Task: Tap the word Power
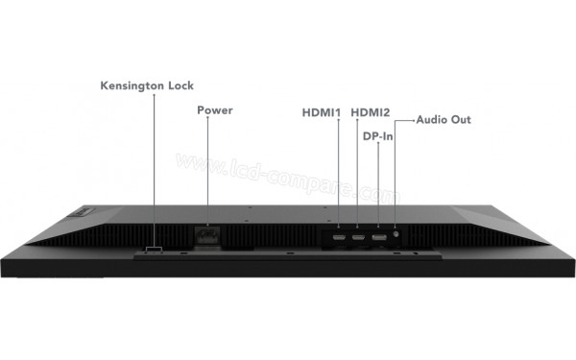point(215,110)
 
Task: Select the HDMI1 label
point(322,112)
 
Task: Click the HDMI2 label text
point(371,112)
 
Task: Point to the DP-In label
point(377,136)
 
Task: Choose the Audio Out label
point(444,120)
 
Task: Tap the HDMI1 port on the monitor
point(340,235)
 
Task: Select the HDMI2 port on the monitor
point(358,235)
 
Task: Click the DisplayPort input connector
point(378,235)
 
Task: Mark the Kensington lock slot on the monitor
point(155,251)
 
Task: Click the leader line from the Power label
point(207,173)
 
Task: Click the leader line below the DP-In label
point(378,187)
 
